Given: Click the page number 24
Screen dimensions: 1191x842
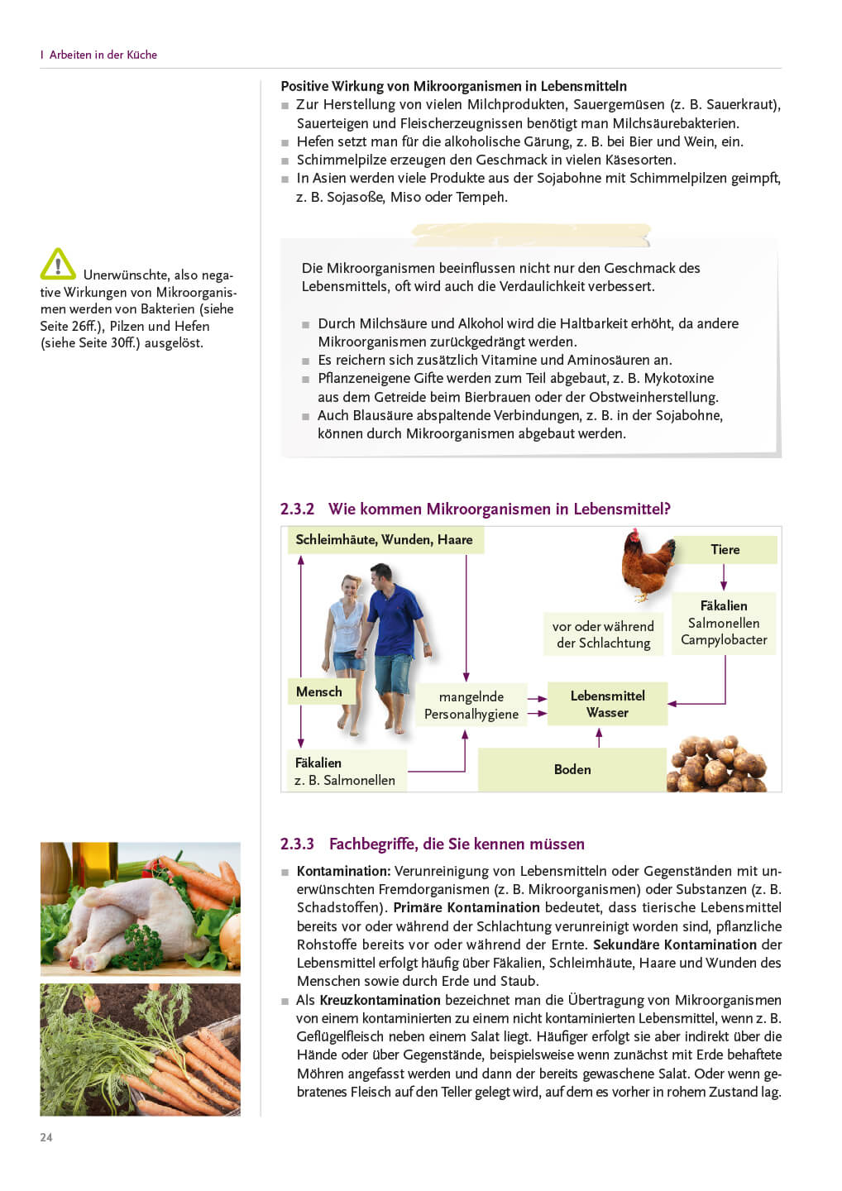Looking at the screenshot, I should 46,1137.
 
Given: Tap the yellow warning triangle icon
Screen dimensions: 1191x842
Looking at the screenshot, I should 58,265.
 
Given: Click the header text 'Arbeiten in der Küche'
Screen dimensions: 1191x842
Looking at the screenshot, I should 103,55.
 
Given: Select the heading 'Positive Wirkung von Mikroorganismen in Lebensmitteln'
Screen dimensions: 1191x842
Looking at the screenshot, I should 453,86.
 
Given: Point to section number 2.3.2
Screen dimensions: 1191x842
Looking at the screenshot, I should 297,509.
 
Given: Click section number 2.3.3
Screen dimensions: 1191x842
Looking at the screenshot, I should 297,844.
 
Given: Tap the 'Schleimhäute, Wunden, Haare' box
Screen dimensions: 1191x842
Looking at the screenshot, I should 384,539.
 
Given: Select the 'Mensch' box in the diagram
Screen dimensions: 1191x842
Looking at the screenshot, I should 319,691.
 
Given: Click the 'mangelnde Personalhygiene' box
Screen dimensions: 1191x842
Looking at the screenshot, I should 471,705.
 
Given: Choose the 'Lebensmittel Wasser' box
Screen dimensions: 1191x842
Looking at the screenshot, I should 607,704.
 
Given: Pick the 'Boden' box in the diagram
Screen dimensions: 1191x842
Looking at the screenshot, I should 572,769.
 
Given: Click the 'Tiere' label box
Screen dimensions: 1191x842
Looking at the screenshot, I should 725,549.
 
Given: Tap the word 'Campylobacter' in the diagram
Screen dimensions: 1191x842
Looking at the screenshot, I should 724,639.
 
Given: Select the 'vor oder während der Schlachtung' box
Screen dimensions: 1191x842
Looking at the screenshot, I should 603,634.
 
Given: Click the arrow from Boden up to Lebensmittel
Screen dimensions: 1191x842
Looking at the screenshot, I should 599,737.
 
